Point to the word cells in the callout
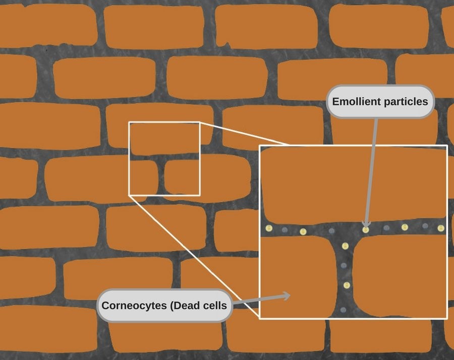(215, 305)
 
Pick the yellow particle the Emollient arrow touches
(366, 230)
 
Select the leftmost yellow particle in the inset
(269, 228)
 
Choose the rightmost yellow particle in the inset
(441, 228)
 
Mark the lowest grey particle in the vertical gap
(344, 310)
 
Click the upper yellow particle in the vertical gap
(345, 246)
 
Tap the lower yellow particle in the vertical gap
(347, 285)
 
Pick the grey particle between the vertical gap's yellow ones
(344, 266)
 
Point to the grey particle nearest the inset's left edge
(285, 230)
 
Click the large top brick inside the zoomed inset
(353, 184)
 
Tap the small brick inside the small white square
(182, 177)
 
